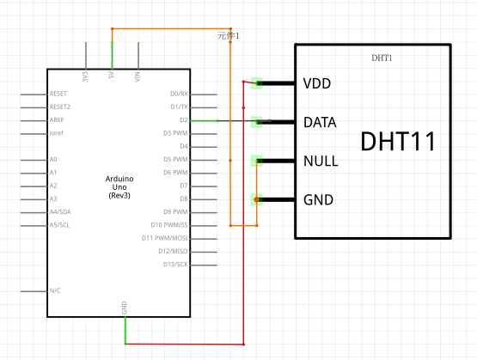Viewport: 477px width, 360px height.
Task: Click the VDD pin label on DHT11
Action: (317, 83)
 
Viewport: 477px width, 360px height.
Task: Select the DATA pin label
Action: (320, 122)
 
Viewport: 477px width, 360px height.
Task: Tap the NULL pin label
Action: (321, 161)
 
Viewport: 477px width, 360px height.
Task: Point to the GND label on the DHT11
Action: (318, 200)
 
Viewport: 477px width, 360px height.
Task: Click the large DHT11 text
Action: (398, 141)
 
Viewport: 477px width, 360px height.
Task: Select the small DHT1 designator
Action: (382, 58)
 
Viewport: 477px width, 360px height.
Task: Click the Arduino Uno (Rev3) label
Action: (119, 187)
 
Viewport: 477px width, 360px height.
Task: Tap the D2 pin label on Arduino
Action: (184, 120)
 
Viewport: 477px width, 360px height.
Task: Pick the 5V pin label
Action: (112, 75)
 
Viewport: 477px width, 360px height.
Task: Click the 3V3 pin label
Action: (85, 76)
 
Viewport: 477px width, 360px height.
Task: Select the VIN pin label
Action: (138, 76)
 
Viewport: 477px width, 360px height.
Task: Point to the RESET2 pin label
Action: (60, 107)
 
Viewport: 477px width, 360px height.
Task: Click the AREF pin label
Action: (57, 119)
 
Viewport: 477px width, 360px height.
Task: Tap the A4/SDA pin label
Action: (60, 211)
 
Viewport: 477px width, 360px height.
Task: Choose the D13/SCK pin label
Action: (175, 265)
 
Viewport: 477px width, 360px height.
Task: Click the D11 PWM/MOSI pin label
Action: (164, 238)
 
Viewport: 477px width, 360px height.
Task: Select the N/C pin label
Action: (55, 290)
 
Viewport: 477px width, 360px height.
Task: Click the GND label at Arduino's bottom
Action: (124, 308)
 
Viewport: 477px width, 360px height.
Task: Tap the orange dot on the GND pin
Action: (257, 199)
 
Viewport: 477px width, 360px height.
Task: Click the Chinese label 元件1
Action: (228, 36)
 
